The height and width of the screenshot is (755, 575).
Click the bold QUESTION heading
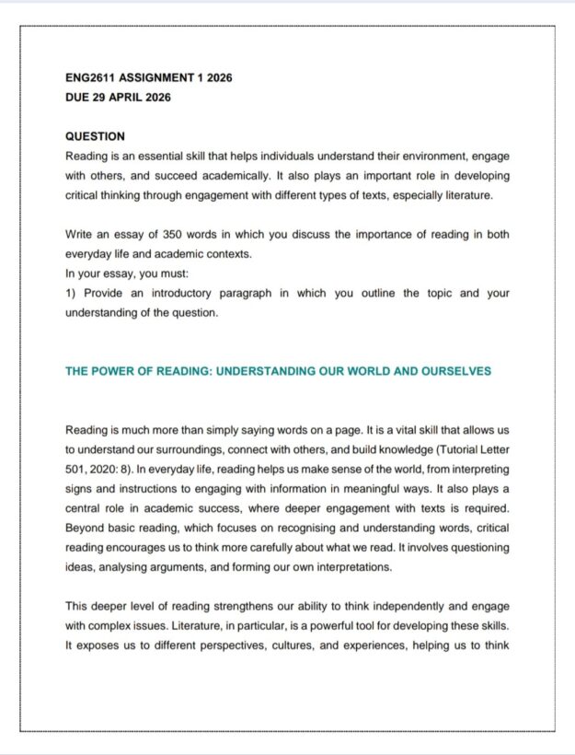tap(96, 136)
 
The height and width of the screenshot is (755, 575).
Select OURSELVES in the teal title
tap(456, 372)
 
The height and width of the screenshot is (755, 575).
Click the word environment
tap(417, 157)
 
